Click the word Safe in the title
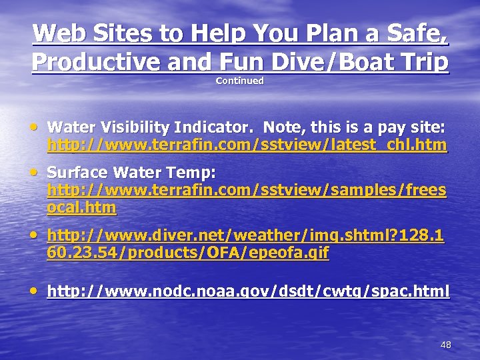pos(414,33)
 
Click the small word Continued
pos(240,81)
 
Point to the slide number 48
pos(446,345)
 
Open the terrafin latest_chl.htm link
pos(247,145)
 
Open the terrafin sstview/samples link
pos(247,191)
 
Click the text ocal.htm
pos(81,208)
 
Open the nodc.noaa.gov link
pos(248,291)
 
